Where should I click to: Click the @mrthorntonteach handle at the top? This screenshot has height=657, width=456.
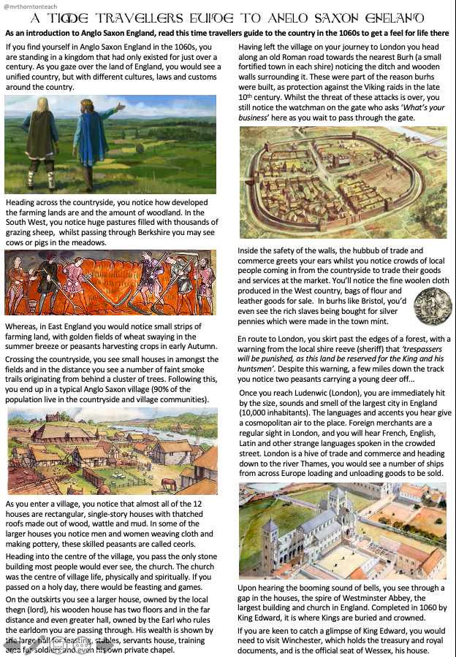click(x=31, y=7)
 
